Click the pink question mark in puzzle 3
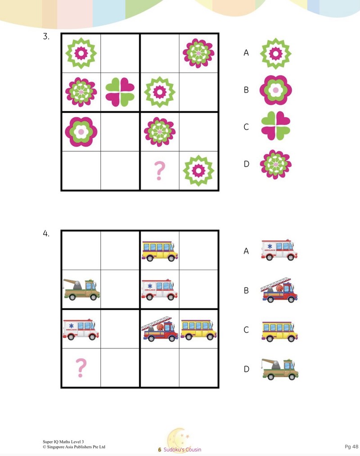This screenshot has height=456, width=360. click(159, 171)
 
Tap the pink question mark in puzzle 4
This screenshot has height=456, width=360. click(81, 368)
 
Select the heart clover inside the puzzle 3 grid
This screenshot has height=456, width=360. click(120, 92)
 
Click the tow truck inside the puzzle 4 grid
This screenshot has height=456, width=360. click(81, 289)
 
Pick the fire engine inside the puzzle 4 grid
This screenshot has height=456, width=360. click(159, 328)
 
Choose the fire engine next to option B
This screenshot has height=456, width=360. click(279, 290)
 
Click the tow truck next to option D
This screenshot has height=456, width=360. click(280, 369)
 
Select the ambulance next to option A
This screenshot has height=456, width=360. click(279, 250)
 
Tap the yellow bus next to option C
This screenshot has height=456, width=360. click(280, 331)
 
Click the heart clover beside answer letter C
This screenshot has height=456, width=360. click(276, 126)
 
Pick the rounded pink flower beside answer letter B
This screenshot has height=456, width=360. click(276, 90)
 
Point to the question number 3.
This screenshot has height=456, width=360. click(46, 36)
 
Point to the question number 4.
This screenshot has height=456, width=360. click(46, 234)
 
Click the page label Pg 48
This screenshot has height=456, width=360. click(351, 447)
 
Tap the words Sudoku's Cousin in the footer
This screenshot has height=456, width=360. click(182, 450)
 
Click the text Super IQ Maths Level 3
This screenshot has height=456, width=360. click(63, 442)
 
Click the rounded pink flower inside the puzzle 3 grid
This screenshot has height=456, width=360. click(81, 132)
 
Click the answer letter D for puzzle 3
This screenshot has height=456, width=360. click(246, 164)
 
